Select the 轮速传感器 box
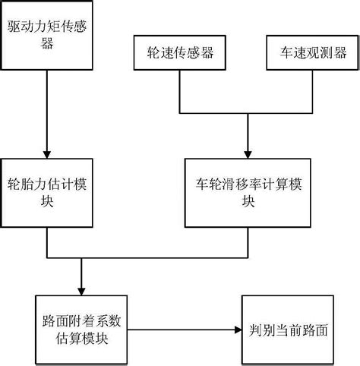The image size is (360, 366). coord(179,53)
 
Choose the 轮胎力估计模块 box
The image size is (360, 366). coord(47,193)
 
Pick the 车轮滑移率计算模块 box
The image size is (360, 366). coord(249,193)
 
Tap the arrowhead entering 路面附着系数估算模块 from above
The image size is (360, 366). coord(81,290)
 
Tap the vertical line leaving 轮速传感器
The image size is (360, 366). coord(179,89)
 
